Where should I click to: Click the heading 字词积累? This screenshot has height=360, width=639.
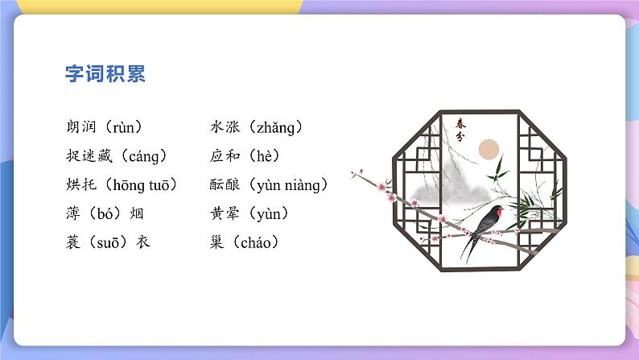click(105, 74)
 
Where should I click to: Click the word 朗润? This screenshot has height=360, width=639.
click(83, 126)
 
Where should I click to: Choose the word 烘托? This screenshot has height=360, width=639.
click(83, 185)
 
